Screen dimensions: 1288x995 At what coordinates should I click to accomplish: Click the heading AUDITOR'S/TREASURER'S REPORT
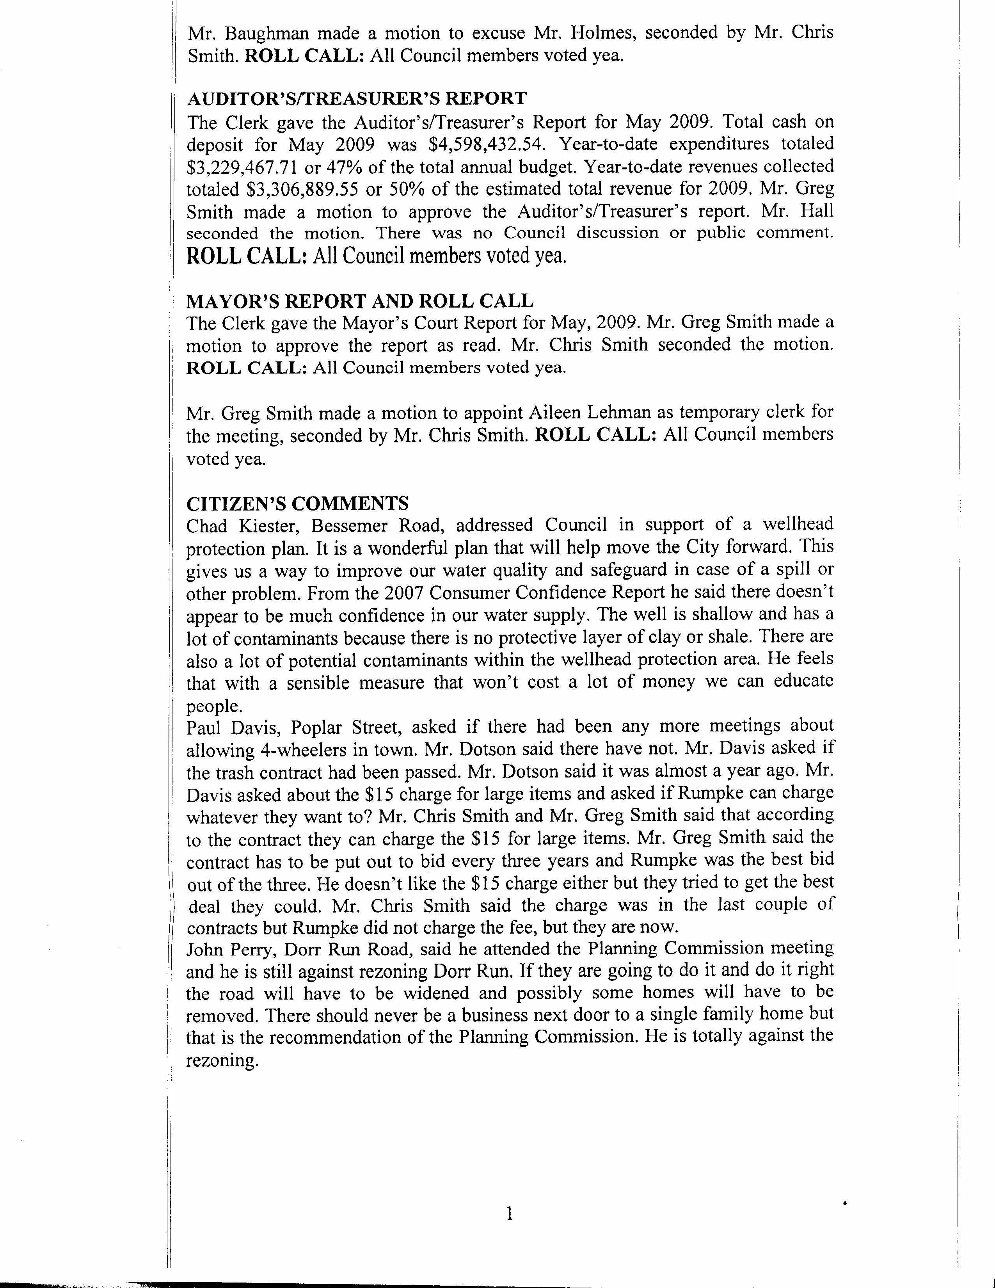(x=356, y=98)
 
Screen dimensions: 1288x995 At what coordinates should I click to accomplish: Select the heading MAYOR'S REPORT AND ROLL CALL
(x=360, y=301)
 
